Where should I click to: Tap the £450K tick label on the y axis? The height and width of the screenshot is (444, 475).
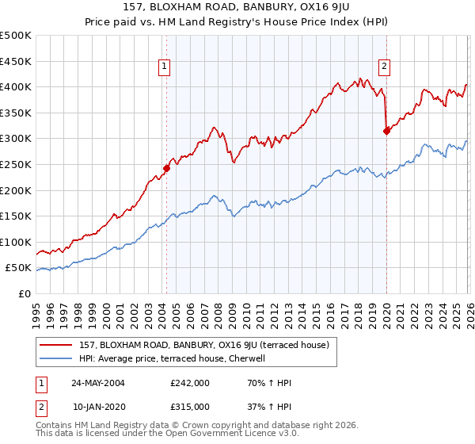point(16,61)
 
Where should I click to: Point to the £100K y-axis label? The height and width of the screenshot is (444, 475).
point(16,242)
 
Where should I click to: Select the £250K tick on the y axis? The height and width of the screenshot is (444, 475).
point(16,164)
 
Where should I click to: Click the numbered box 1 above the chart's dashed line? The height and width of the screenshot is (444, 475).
point(165,67)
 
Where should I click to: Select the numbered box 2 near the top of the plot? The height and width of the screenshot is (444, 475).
point(384,67)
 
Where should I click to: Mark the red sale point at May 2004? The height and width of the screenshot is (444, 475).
point(167,168)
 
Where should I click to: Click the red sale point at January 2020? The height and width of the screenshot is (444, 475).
point(386,131)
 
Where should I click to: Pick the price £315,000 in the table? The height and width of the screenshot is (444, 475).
point(190,406)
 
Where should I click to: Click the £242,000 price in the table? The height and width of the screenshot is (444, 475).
point(190,382)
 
